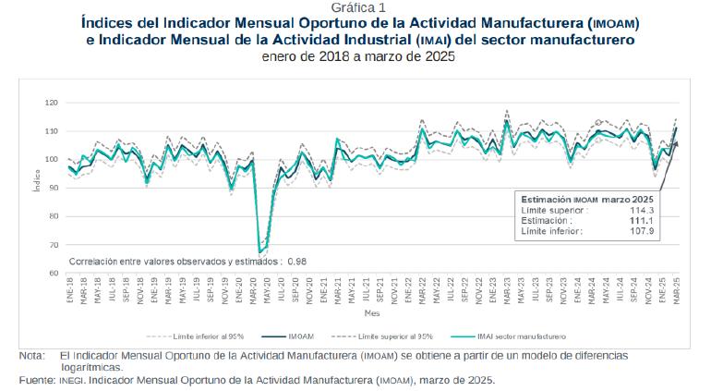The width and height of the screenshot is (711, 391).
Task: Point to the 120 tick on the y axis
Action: pyautogui.click(x=52, y=103)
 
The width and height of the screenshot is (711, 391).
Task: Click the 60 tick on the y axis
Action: pyautogui.click(x=54, y=274)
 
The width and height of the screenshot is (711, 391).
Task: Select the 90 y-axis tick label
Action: pyautogui.click(x=54, y=188)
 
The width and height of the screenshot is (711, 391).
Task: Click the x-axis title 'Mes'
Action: pyautogui.click(x=372, y=312)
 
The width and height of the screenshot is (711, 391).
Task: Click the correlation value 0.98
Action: pyautogui.click(x=296, y=262)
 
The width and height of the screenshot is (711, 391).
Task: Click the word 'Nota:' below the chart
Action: pyautogui.click(x=30, y=356)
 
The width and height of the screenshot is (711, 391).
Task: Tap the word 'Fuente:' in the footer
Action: pyautogui.click(x=35, y=380)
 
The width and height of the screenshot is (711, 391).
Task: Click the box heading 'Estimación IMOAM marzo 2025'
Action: pyautogui.click(x=587, y=200)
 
